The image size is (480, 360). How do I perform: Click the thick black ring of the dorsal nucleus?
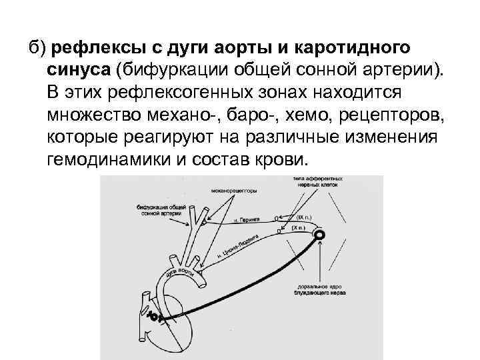[x=320, y=235]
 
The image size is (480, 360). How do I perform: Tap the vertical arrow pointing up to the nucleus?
[x=322, y=263]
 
